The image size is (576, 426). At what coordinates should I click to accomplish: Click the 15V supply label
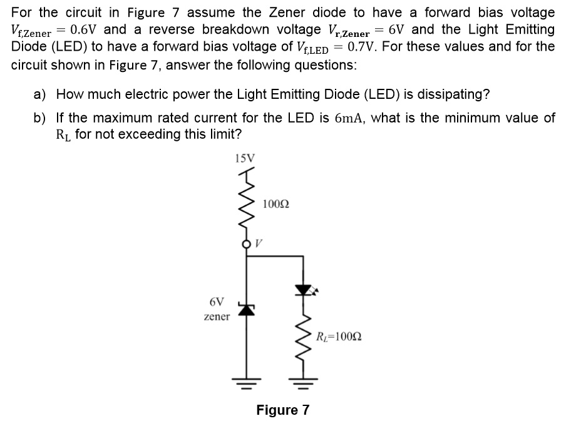pyautogui.click(x=244, y=158)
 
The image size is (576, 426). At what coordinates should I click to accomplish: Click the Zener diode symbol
pyautogui.click(x=245, y=308)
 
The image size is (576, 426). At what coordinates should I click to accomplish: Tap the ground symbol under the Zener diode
pyautogui.click(x=245, y=380)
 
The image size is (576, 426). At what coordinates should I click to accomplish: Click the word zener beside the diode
pyautogui.click(x=217, y=317)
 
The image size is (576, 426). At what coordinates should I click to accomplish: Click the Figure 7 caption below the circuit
pyautogui.click(x=283, y=410)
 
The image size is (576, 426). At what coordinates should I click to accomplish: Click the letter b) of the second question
pyautogui.click(x=40, y=118)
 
